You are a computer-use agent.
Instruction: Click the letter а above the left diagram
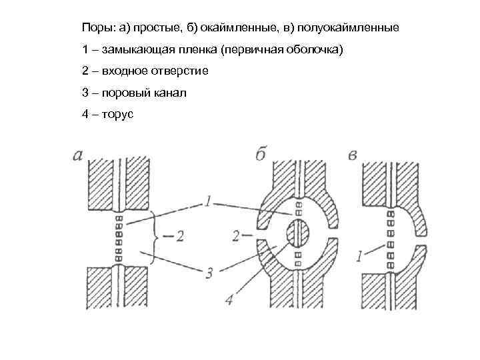pos(78,155)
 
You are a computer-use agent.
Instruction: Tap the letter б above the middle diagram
pos(261,154)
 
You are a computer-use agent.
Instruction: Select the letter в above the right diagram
pos(354,155)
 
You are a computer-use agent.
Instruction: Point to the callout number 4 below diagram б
pos(230,301)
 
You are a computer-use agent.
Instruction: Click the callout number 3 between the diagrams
pos(209,273)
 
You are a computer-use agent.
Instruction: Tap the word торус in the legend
pos(117,114)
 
